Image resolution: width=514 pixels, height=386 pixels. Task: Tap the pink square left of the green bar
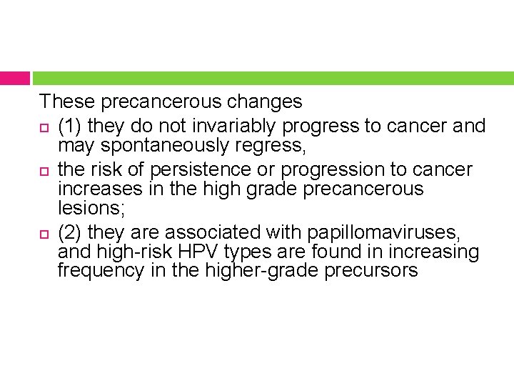click(x=14, y=78)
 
